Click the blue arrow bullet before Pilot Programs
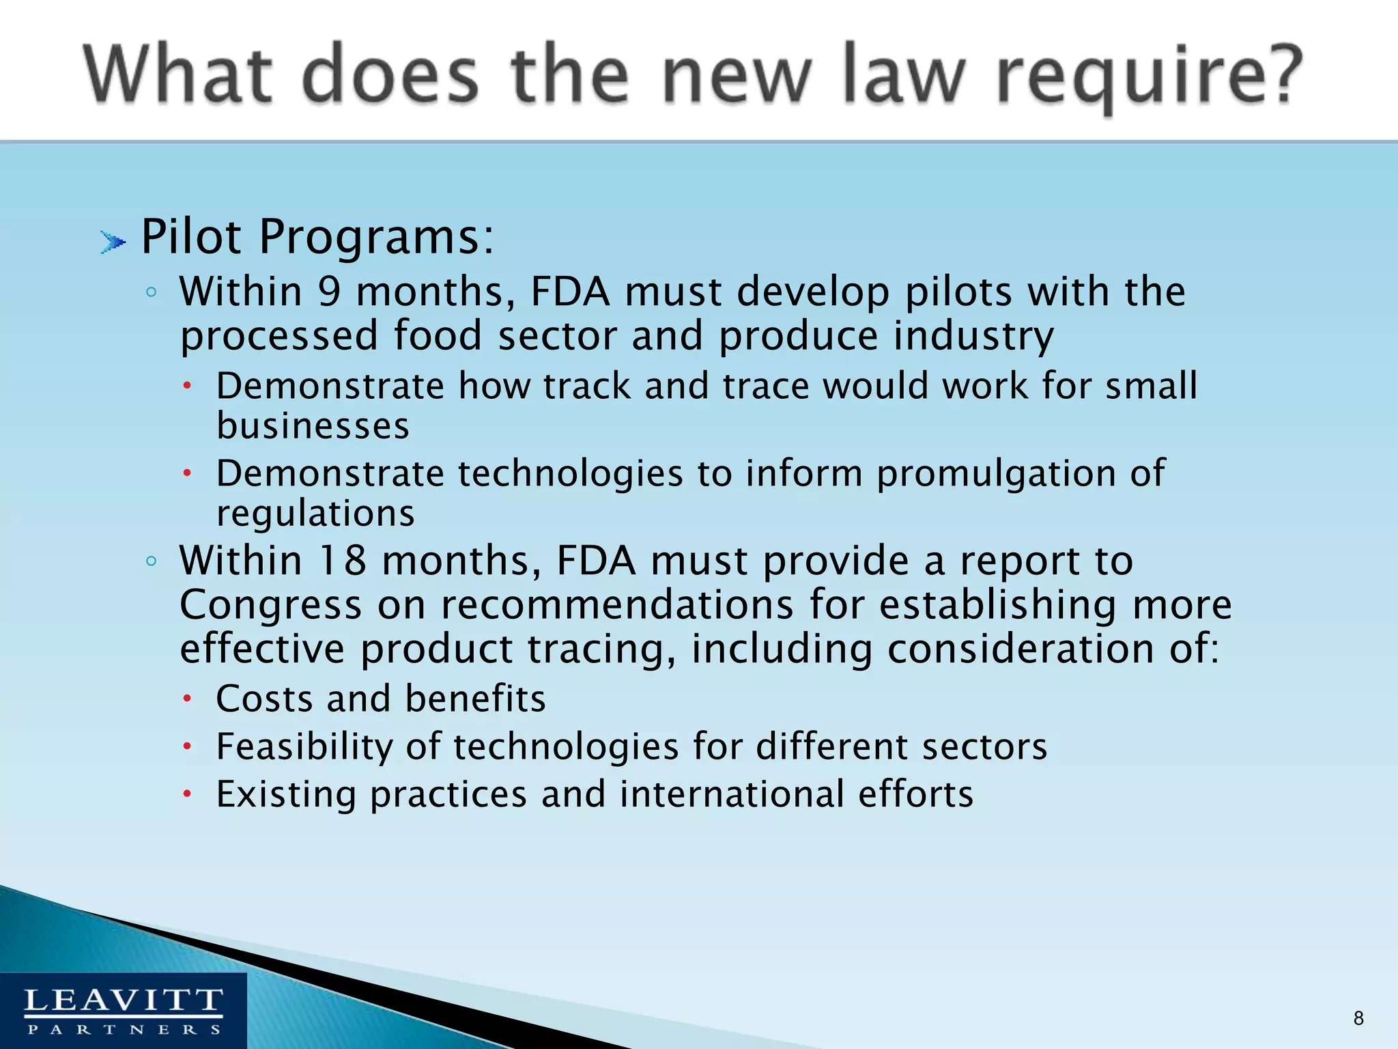(113, 242)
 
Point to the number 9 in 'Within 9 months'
(329, 292)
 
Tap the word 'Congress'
(270, 605)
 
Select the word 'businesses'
(313, 426)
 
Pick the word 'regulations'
(315, 514)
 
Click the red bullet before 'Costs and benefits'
(188, 699)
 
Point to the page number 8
(1358, 1018)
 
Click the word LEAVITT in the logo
(124, 1001)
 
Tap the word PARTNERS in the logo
(124, 1029)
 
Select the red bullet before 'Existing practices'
(188, 794)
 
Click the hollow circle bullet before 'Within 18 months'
(152, 561)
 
